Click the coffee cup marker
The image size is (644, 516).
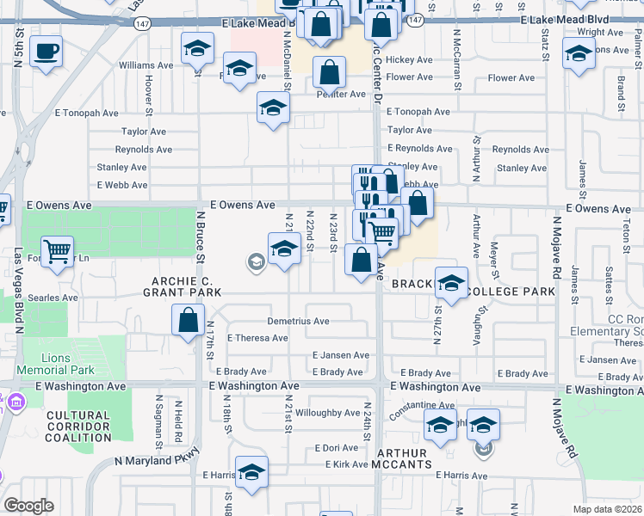[x=46, y=50]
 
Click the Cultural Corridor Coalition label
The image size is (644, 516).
[x=78, y=427]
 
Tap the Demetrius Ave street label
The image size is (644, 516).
[x=298, y=321]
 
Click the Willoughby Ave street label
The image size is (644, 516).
[x=327, y=413]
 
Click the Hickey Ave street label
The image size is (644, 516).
[x=409, y=60]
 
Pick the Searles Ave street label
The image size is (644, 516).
[x=53, y=298]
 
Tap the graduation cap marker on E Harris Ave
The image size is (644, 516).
[x=251, y=472]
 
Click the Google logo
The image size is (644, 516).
[x=28, y=506]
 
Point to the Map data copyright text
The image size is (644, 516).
[x=607, y=509]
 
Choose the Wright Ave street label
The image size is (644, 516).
[x=600, y=32]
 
